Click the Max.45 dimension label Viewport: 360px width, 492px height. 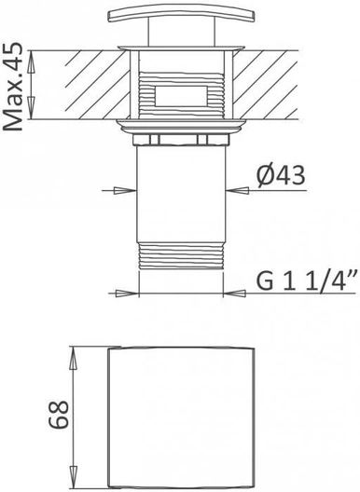(13, 86)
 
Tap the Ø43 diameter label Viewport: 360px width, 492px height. (281, 176)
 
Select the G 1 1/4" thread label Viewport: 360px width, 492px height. (308, 280)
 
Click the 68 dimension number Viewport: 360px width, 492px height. (59, 414)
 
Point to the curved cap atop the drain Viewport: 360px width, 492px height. (181, 14)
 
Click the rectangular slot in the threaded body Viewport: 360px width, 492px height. (181, 96)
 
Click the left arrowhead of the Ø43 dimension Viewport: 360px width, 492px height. (125, 190)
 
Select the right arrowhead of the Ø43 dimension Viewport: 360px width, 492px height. (238, 190)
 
